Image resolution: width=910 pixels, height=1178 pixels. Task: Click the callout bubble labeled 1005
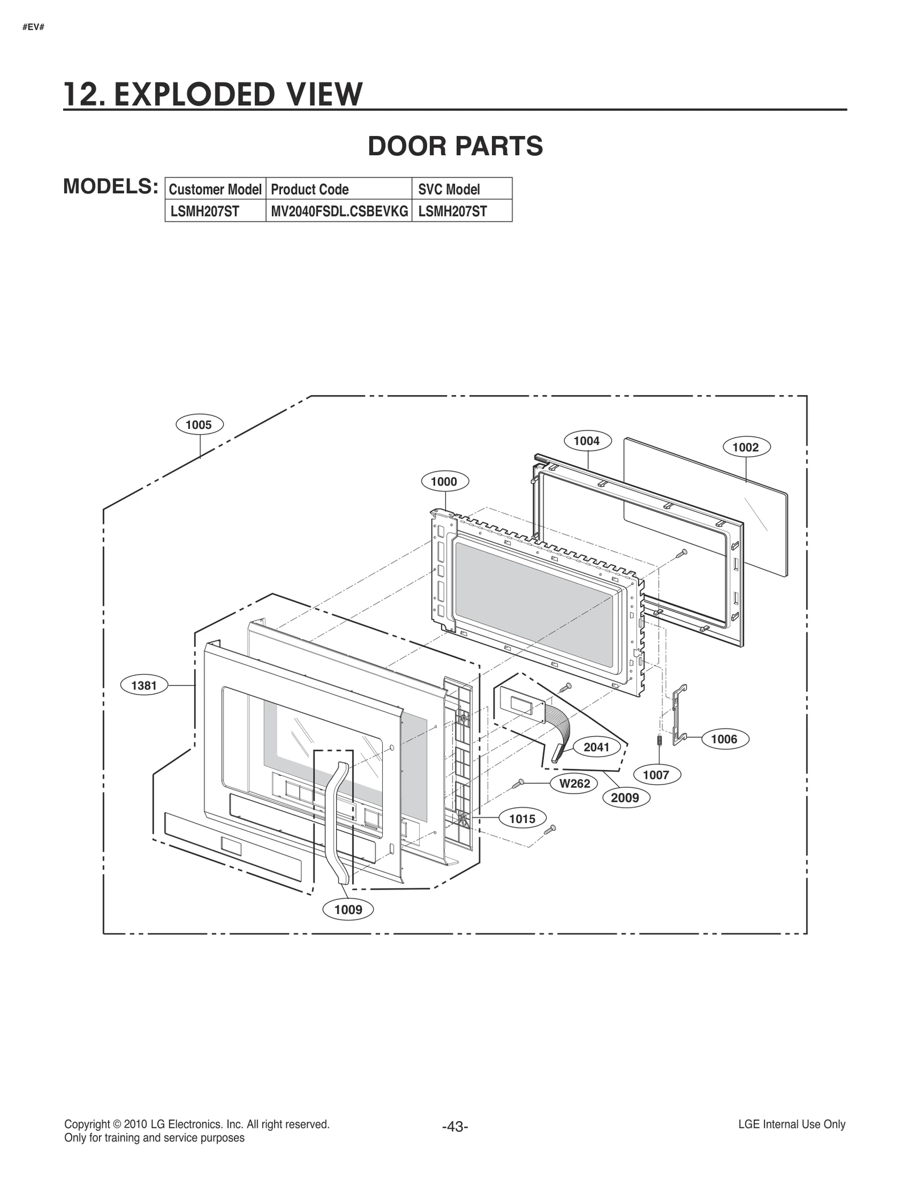click(198, 425)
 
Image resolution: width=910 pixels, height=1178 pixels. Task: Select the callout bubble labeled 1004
click(586, 441)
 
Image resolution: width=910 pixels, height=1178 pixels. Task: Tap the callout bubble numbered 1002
click(746, 447)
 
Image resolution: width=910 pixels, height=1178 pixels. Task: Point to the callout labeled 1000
click(444, 482)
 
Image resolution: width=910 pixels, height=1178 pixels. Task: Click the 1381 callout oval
click(144, 685)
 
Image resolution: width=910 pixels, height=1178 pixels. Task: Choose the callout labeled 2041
click(597, 747)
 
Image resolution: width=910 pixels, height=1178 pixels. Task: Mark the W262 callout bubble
click(574, 783)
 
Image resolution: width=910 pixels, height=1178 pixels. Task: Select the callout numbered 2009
click(625, 797)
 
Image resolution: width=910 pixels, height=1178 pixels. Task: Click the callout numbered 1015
click(522, 819)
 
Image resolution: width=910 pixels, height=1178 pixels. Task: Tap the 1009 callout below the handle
click(348, 910)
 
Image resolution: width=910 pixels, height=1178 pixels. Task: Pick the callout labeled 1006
click(724, 739)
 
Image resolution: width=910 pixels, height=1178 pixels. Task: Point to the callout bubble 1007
click(656, 775)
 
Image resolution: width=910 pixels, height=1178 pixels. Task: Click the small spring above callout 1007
click(659, 742)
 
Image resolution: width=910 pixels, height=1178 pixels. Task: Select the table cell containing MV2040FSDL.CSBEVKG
click(339, 212)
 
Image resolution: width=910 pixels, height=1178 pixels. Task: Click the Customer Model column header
click(215, 189)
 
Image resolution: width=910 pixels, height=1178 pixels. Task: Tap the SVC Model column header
click(449, 189)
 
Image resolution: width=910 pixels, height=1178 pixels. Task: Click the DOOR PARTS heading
click(455, 146)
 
